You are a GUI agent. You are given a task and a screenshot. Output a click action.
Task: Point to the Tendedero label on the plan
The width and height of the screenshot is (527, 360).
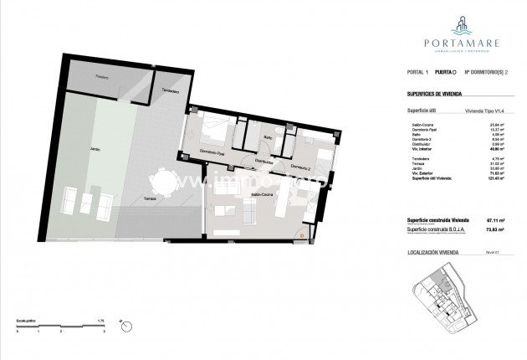[x=171, y=90]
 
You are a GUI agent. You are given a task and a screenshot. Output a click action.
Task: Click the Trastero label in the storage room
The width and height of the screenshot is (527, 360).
[x=102, y=77]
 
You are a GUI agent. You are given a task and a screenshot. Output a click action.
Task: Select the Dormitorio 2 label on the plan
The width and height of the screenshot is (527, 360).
[x=300, y=167]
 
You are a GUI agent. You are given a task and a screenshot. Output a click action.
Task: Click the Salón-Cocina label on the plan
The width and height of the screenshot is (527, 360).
[x=262, y=194]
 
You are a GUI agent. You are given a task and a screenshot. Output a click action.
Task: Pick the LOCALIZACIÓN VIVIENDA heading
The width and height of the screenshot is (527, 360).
[x=435, y=250]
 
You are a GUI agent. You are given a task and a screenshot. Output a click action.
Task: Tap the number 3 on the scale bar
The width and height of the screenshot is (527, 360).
[x=102, y=332]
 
